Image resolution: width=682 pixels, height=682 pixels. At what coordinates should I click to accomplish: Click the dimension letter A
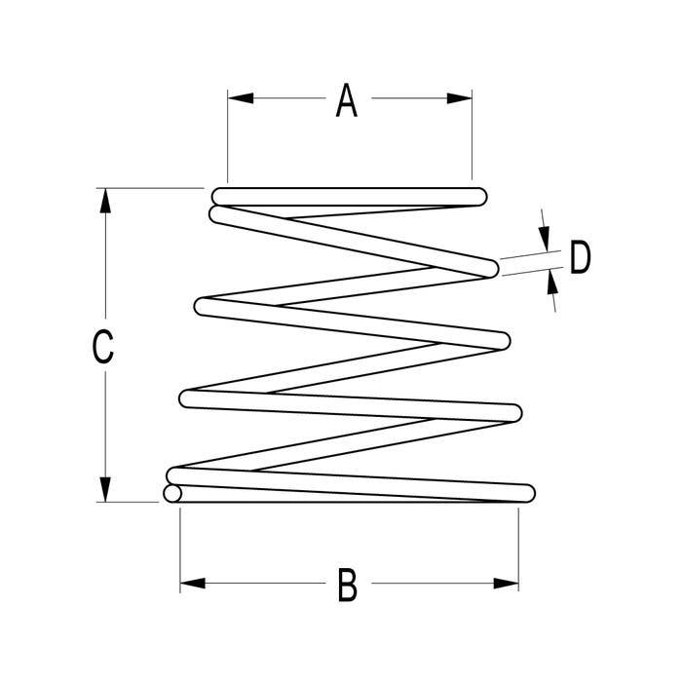pos(347,100)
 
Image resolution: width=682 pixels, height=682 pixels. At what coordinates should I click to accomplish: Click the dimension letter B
pos(348,585)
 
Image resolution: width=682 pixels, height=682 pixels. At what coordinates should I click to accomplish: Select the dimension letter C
pos(103,347)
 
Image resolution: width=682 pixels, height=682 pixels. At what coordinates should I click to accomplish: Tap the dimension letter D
pos(581,257)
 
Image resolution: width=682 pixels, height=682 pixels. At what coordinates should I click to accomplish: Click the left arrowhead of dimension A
pos(241,98)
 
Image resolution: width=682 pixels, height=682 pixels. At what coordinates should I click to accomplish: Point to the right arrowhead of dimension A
pos(459,98)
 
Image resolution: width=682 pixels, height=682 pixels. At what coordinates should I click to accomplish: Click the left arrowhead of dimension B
pos(193,584)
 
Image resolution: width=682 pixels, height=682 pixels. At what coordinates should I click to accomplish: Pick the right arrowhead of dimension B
pos(506,584)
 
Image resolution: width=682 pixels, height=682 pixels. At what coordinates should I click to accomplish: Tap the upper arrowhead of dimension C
pos(105,201)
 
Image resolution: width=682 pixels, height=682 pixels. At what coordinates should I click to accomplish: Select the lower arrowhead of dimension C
pos(105,489)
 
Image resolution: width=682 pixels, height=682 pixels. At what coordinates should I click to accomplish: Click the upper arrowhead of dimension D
pos(545,239)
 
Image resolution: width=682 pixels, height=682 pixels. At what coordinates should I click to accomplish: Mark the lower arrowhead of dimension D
pos(552,282)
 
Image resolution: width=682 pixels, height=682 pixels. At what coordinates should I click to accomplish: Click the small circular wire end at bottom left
pos(172,494)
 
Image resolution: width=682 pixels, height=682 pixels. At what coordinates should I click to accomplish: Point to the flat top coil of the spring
pos(349,197)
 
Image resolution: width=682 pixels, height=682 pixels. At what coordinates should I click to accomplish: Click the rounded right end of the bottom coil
pos(527,493)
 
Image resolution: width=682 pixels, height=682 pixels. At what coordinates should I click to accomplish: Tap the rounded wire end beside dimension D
pos(490,268)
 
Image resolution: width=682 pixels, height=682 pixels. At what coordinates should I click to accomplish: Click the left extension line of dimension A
pos(227,136)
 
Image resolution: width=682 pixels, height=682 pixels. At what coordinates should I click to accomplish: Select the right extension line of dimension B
pos(518,549)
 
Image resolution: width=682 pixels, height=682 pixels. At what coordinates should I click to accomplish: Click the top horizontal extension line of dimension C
pos(150,188)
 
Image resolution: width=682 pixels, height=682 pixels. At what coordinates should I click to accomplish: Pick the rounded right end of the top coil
pos(478,197)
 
